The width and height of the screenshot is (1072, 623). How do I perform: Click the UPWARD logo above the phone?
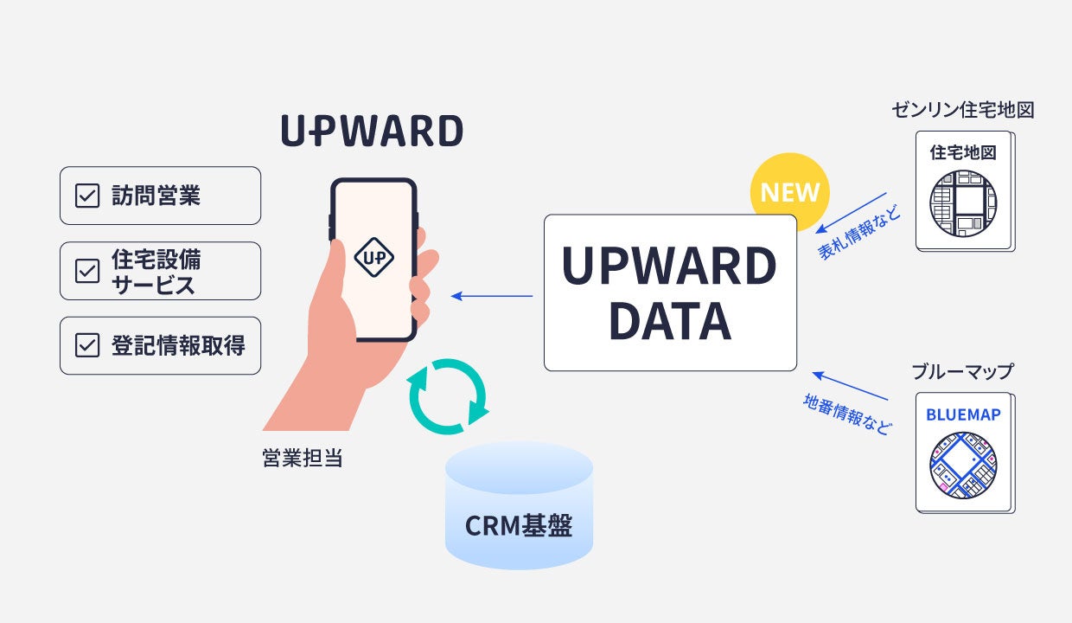pos(372,132)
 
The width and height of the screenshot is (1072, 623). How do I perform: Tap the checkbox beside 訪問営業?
pos(87,196)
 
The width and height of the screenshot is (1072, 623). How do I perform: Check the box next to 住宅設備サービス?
pos(87,271)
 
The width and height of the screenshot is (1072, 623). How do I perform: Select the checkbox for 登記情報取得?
pos(87,345)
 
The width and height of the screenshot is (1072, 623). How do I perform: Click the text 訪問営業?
pos(156,196)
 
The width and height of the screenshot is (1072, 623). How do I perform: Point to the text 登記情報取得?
pos(178,345)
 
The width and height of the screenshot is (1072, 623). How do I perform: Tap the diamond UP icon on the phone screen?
pos(374,257)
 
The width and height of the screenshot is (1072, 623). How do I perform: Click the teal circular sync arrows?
pos(447,396)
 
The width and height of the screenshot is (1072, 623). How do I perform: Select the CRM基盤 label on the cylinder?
pos(519,525)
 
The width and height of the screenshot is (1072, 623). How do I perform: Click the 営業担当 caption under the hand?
pos(303,458)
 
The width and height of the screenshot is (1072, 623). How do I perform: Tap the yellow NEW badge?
pos(788,192)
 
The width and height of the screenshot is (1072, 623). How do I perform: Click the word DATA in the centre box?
pos(670,321)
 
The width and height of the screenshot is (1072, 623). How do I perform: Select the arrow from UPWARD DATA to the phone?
pos(492,297)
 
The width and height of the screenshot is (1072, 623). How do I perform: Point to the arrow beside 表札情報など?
pos(851,211)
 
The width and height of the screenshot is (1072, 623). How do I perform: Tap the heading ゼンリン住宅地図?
pos(963,110)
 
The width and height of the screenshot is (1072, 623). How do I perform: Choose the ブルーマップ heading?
pos(962,371)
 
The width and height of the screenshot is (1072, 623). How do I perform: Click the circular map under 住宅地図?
pos(963,202)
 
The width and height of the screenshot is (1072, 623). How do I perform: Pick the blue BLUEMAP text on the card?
pos(963,414)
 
